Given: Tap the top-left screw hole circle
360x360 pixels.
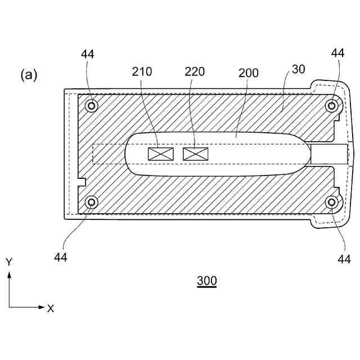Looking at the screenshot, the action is tap(91, 105).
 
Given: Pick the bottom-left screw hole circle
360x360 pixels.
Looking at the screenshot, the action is tap(91, 202).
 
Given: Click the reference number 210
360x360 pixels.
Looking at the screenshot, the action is tap(142, 71).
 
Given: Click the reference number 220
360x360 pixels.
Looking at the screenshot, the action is tap(194, 71).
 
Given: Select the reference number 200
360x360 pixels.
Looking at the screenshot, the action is tap(248, 73).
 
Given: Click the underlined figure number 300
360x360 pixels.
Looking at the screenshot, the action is tap(206, 281).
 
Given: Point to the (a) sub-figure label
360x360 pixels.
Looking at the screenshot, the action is tap(29, 75).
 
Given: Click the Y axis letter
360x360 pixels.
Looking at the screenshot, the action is tap(9, 262).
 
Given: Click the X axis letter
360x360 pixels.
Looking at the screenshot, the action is tap(51, 308).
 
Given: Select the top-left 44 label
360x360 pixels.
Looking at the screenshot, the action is tap(87, 54).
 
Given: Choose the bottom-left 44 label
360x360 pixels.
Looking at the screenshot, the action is tap(61, 257).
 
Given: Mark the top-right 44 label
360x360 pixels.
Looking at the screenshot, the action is tap(337, 53).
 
